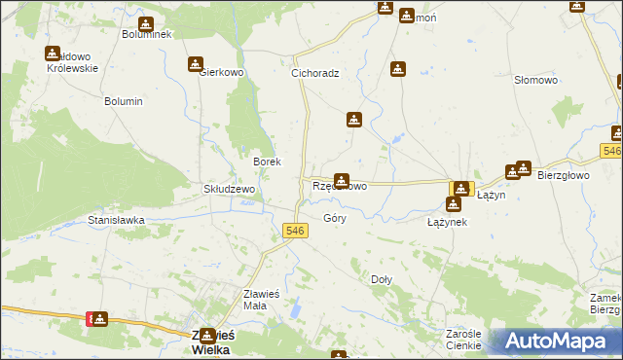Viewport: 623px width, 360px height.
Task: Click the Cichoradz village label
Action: point(314,73)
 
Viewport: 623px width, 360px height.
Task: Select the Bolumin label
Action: point(124,101)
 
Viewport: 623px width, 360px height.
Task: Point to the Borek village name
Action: point(267,162)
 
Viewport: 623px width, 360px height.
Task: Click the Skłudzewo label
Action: point(229,189)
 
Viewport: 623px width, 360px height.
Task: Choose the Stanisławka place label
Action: point(116,221)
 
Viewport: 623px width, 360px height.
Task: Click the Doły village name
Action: point(382,279)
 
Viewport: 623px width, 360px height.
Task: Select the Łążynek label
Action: point(448,222)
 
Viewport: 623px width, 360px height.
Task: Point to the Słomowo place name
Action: point(535,81)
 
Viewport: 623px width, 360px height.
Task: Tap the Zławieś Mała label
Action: point(261,300)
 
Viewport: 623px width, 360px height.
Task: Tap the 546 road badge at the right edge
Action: point(611,151)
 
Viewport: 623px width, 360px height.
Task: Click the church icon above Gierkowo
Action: point(195,64)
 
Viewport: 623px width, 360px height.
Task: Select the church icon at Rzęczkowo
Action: point(342,180)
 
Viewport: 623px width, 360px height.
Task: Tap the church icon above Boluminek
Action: point(146,24)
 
